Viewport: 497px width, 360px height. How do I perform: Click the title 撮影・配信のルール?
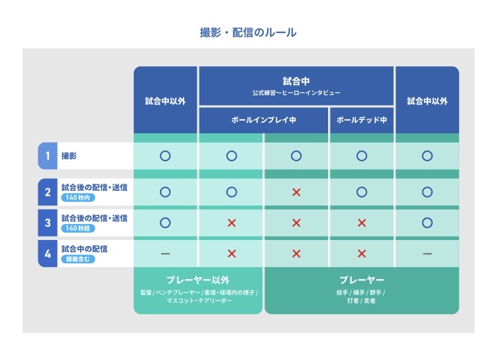coord(248,32)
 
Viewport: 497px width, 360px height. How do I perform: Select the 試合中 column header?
coord(296,81)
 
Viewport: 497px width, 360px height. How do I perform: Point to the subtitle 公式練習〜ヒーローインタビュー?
coord(296,93)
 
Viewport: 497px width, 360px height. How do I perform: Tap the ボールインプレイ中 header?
coord(263,120)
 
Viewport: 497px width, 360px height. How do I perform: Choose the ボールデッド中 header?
coord(362,120)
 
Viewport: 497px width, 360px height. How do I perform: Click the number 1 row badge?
coord(48,156)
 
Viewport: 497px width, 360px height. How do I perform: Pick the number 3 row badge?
coord(48,223)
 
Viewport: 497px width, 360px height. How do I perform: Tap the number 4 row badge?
coord(48,253)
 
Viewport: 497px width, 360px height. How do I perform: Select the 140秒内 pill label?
coord(78,198)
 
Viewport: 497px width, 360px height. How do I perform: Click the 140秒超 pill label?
coord(78,228)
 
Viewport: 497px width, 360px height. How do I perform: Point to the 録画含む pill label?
coord(78,259)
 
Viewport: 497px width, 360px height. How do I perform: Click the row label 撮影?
coord(69,156)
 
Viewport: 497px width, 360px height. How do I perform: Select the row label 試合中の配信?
coord(84,249)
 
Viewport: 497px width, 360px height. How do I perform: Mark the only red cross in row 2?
coord(296,192)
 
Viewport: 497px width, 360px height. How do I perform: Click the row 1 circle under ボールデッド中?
coord(362,156)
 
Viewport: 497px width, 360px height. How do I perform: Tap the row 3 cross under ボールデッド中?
coord(362,223)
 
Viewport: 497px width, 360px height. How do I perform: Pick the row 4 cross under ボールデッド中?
coord(362,254)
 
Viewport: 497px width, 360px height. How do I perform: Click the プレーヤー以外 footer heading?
coord(198,280)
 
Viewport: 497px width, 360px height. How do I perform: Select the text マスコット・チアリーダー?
coord(199,300)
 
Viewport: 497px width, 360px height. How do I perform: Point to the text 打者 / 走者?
coord(361,300)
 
